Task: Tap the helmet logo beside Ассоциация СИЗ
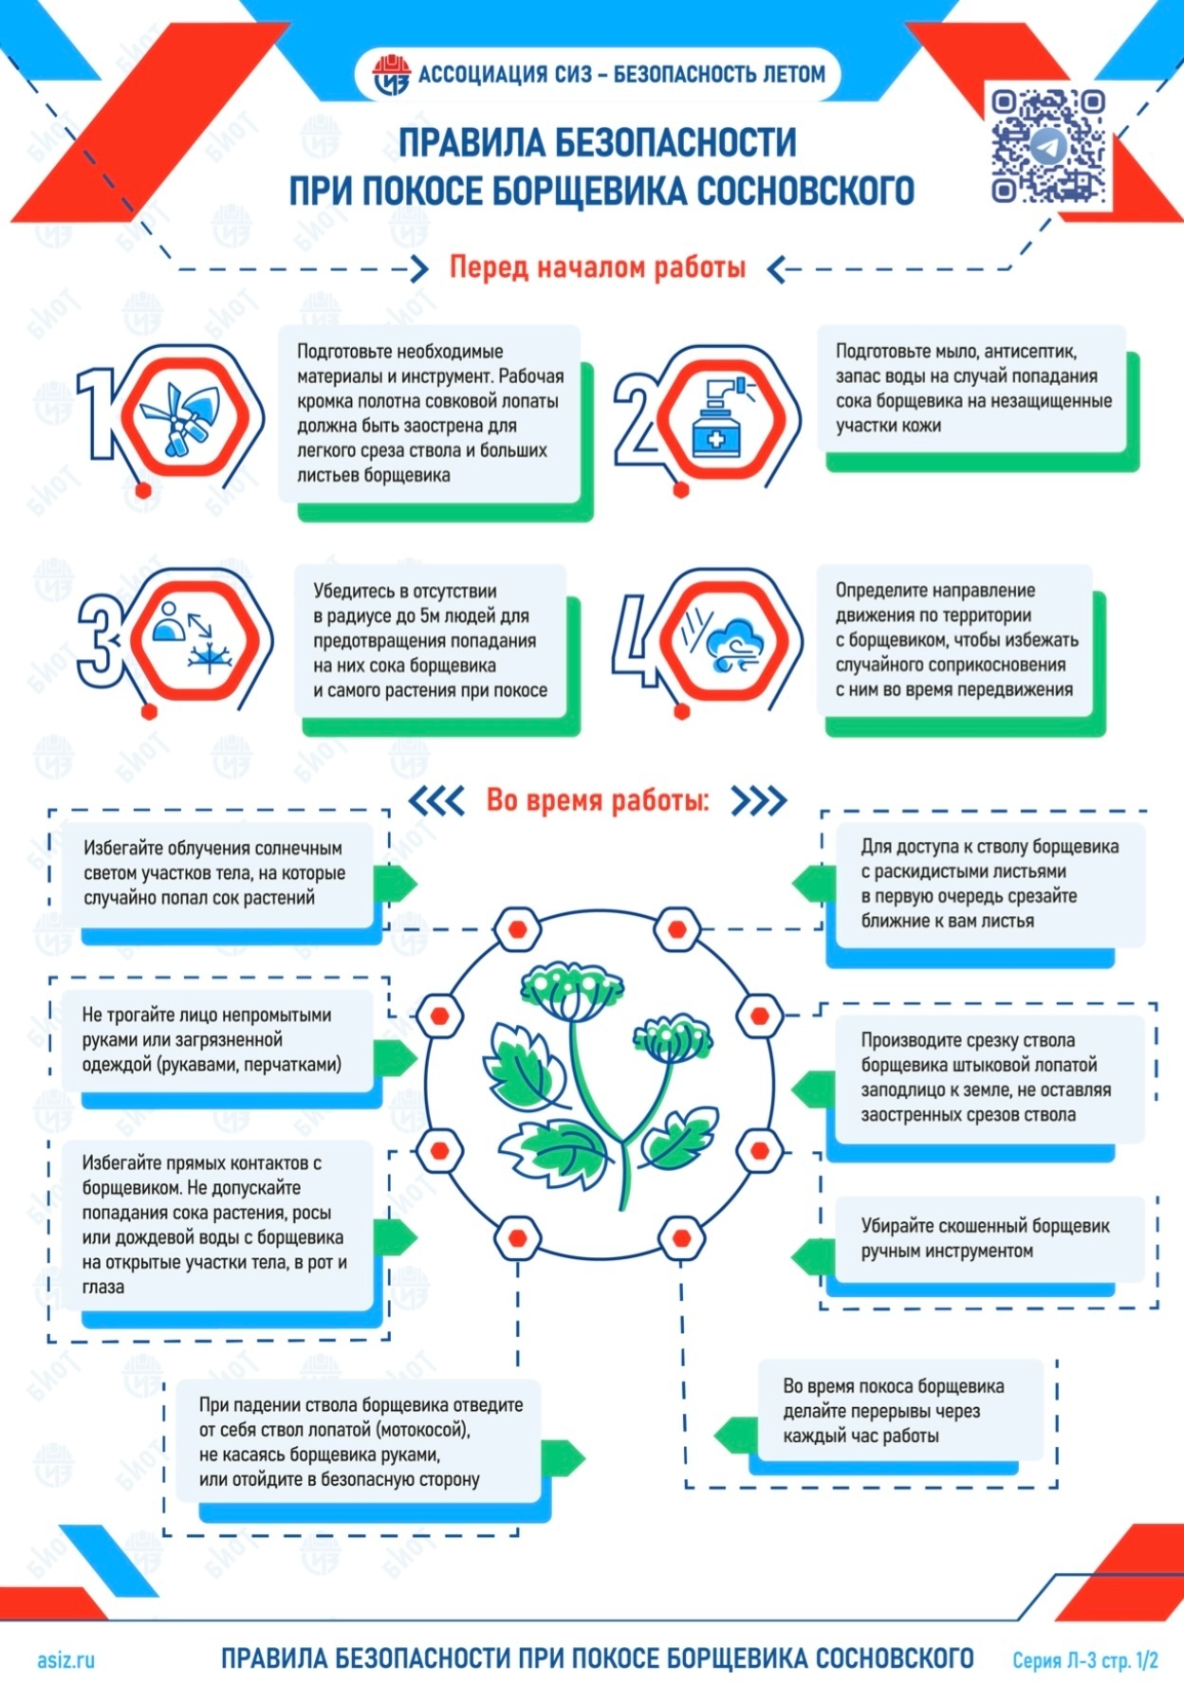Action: [390, 75]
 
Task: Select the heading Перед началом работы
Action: [597, 267]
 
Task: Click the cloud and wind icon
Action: [725, 641]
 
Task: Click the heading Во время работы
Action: [597, 800]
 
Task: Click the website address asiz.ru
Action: [65, 1659]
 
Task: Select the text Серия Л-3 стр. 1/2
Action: [1085, 1660]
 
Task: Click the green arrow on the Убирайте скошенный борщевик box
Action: [812, 1257]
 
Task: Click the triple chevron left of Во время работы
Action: [436, 801]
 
